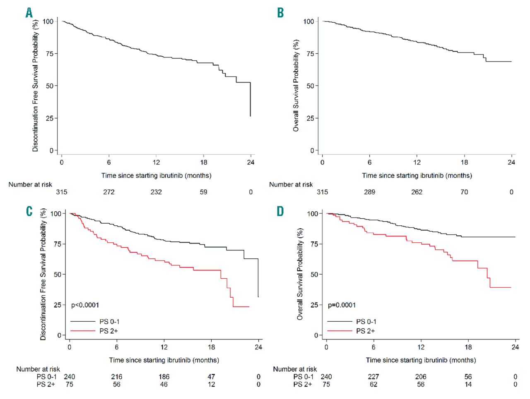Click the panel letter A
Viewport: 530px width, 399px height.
coord(29,13)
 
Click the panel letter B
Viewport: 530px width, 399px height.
coord(280,13)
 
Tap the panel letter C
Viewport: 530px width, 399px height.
coord(29,211)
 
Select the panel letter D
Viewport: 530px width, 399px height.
coord(280,211)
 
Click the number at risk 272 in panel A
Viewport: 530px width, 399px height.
coord(109,192)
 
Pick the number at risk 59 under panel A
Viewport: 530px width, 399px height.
coord(203,192)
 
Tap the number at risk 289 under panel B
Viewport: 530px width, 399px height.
coord(369,192)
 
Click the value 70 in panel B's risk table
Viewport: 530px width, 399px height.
coord(464,192)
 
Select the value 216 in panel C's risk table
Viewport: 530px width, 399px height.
coord(117,377)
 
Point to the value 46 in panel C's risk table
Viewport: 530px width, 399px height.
coord(164,385)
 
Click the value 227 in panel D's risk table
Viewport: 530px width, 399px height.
coord(373,377)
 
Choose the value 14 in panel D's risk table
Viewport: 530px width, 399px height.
coord(468,385)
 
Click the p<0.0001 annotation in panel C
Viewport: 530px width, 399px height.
coord(85,305)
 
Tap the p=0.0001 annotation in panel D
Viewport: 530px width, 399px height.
coord(342,305)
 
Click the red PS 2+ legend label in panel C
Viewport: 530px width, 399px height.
coord(108,331)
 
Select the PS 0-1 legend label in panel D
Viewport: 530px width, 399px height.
coord(366,322)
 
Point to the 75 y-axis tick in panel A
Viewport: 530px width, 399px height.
coord(49,54)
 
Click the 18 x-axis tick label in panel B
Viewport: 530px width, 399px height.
coord(464,162)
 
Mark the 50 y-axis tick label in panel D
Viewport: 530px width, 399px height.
coord(313,275)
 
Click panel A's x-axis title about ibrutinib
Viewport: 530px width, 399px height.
coord(156,175)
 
